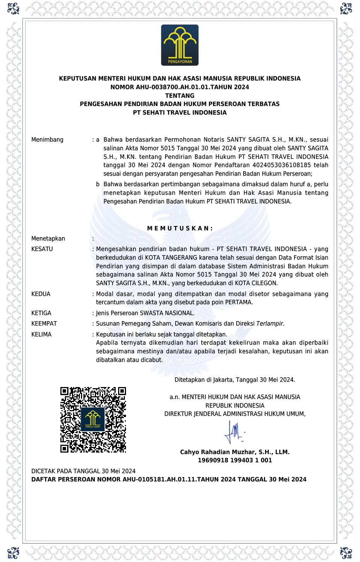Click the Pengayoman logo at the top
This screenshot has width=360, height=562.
pyautogui.click(x=180, y=45)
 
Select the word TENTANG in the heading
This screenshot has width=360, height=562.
pyautogui.click(x=180, y=96)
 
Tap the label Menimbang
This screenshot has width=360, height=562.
pyautogui.click(x=47, y=140)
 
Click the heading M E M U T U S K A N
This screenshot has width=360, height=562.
pyautogui.click(x=180, y=228)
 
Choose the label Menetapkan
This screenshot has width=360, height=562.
pyautogui.click(x=48, y=239)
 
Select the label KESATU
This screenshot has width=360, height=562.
pyautogui.click(x=42, y=249)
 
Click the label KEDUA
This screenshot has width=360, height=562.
pyautogui.click(x=41, y=294)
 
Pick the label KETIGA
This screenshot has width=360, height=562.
pyautogui.click(x=41, y=313)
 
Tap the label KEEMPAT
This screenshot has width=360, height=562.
pyautogui.click(x=44, y=324)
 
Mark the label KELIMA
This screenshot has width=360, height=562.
pyautogui.click(x=41, y=335)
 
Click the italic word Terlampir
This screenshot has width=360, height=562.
pyautogui.click(x=270, y=324)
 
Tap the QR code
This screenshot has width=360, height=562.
pyautogui.click(x=93, y=420)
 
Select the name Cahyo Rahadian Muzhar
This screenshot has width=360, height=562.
pyautogui.click(x=218, y=452)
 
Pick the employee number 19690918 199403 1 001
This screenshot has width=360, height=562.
pyautogui.click(x=235, y=460)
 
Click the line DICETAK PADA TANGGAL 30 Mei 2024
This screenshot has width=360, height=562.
pyautogui.click(x=83, y=471)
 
